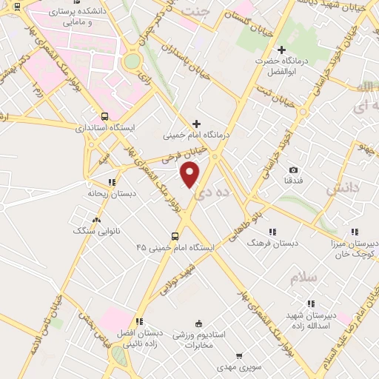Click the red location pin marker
pos(190,175)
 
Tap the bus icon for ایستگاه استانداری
pos(104,117)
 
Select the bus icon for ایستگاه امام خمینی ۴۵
pos(175,237)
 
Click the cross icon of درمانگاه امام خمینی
pos(196,124)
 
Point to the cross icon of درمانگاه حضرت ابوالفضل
pos(281,50)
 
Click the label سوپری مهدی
pos(237,366)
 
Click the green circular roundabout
pos(133,61)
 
